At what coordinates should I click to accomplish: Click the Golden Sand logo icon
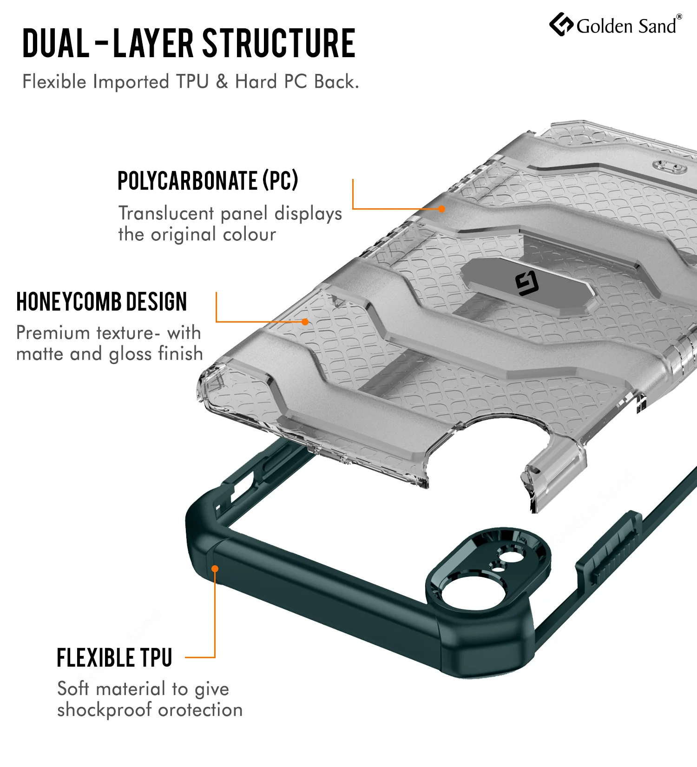[561, 24]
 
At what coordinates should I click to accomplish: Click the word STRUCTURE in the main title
[279, 43]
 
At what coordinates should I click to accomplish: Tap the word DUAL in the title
[56, 43]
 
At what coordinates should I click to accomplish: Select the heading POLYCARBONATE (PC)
[208, 180]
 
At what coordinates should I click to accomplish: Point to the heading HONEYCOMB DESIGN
[102, 302]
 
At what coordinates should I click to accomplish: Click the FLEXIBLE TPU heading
[114, 658]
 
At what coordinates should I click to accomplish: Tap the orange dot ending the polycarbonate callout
[441, 209]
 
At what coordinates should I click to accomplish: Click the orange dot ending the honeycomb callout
[305, 322]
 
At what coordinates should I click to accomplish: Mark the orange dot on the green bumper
[215, 569]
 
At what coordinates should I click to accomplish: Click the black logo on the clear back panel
[527, 284]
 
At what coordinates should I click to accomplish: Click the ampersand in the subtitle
[222, 82]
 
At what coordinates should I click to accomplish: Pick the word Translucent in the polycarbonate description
[166, 213]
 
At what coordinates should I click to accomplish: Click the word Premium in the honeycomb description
[53, 333]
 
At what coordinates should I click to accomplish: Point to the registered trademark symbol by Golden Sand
[679, 17]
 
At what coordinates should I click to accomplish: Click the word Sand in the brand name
[657, 26]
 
